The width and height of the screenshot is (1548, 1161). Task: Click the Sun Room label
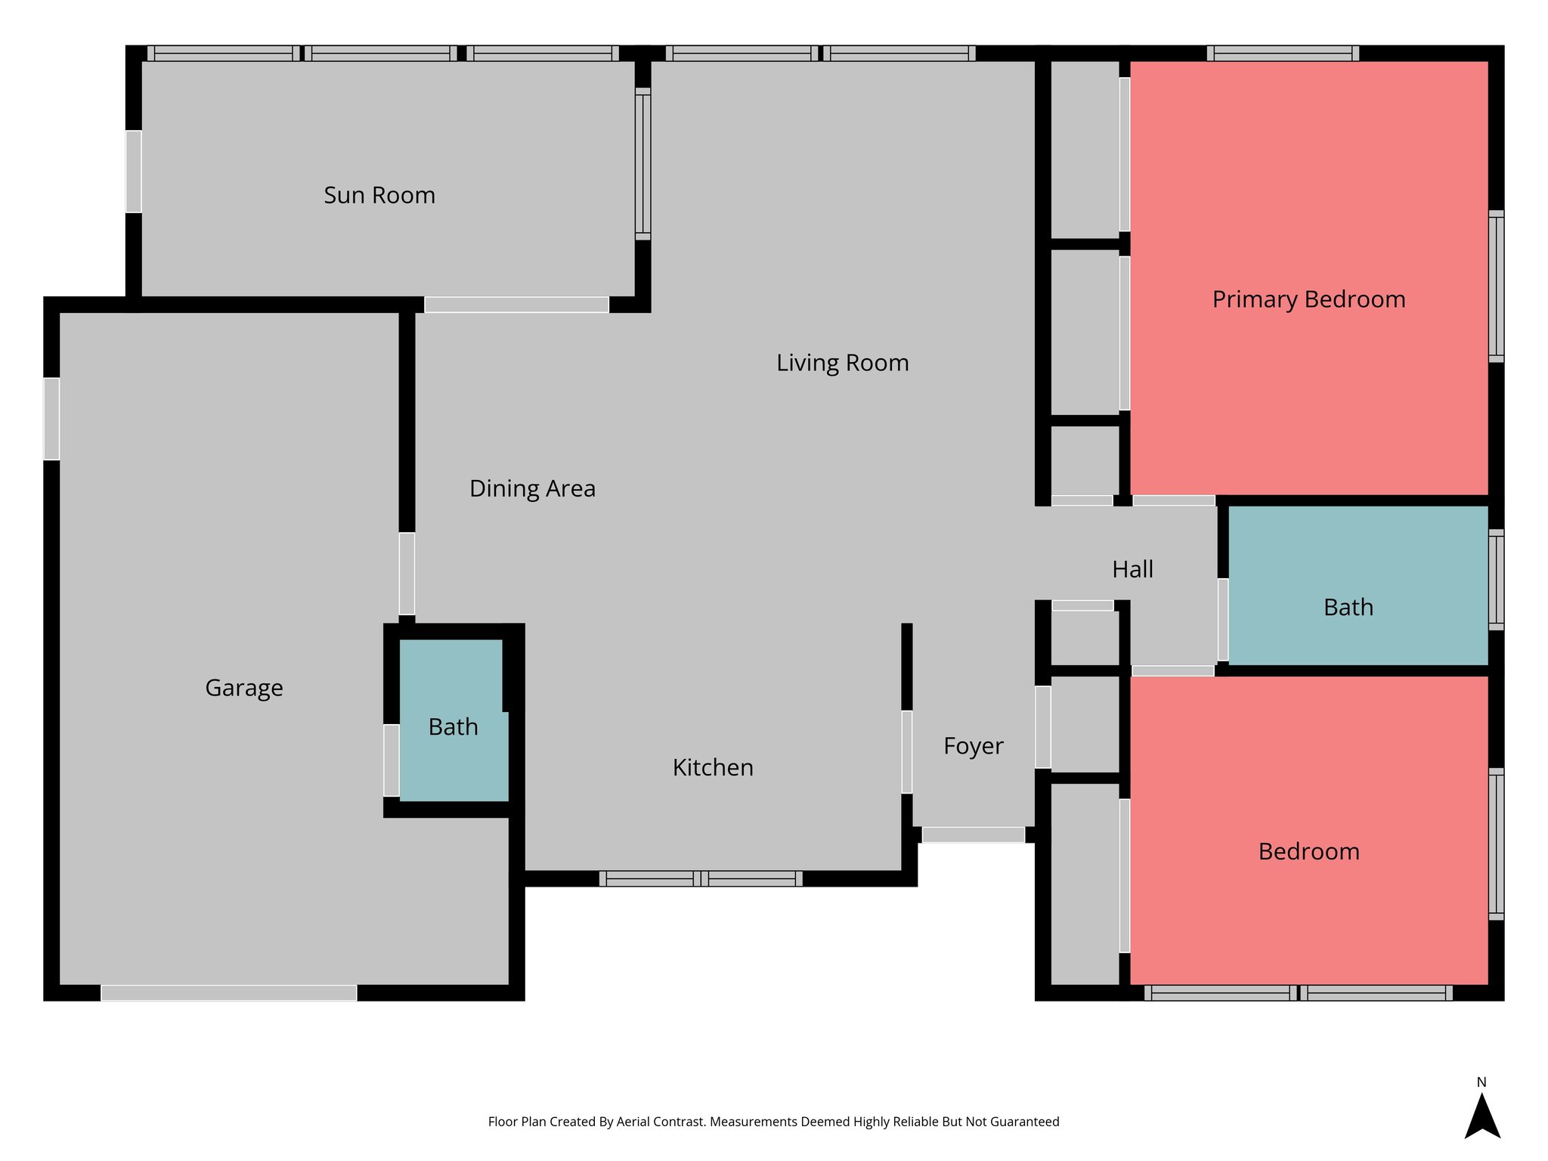[379, 195]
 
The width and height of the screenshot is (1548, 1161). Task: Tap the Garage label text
[244, 688]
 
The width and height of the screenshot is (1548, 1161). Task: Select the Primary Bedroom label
[1308, 299]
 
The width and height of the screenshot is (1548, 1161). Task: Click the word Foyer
[973, 746]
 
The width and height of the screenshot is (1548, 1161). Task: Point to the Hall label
[1132, 569]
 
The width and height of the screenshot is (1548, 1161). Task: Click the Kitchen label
[713, 767]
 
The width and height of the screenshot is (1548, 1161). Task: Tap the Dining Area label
[532, 488]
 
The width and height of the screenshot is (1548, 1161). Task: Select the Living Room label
[842, 363]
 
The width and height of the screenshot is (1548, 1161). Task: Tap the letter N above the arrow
[1481, 1082]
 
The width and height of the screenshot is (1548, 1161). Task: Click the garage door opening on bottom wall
[229, 992]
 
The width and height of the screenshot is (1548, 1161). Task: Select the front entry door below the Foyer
[973, 834]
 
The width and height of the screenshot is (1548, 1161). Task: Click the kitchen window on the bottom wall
[701, 878]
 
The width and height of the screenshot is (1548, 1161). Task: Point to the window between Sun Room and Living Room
[642, 164]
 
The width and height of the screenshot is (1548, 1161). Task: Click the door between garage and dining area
[407, 574]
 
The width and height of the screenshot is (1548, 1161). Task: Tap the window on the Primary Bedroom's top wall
[1283, 53]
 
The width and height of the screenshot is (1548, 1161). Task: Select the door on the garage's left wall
[51, 419]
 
